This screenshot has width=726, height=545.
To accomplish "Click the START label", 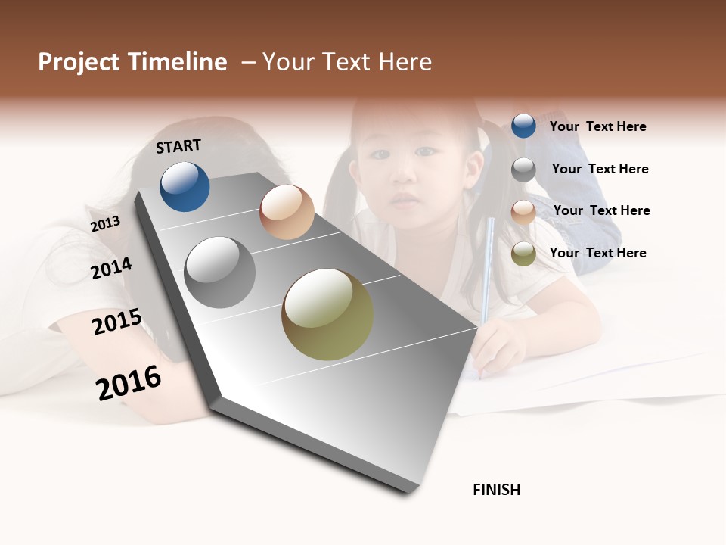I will (x=178, y=146).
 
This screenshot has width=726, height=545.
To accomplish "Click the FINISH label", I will (x=496, y=490).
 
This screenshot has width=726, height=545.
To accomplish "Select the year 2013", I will (x=105, y=224).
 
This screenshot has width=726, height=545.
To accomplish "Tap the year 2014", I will (x=112, y=268).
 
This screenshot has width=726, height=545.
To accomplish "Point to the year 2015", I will (x=117, y=322).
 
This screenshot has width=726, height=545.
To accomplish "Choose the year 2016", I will (x=129, y=382).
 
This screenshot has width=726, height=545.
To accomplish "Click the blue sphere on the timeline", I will (x=185, y=186).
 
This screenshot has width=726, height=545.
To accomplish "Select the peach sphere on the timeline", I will (x=287, y=212).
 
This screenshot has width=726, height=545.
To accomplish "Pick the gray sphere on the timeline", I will (x=220, y=272).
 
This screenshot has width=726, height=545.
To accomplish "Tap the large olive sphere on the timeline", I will (x=327, y=314).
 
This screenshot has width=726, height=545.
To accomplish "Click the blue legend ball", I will (x=523, y=126).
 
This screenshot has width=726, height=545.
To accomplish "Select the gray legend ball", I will (x=523, y=170).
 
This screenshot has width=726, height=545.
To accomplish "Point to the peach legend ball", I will (x=523, y=211).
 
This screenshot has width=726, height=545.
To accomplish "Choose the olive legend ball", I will (x=523, y=254).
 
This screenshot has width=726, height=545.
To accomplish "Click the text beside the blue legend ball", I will (x=597, y=126).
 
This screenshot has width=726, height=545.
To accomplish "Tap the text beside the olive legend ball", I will (x=597, y=253).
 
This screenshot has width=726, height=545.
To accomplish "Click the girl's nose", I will (x=404, y=178).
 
